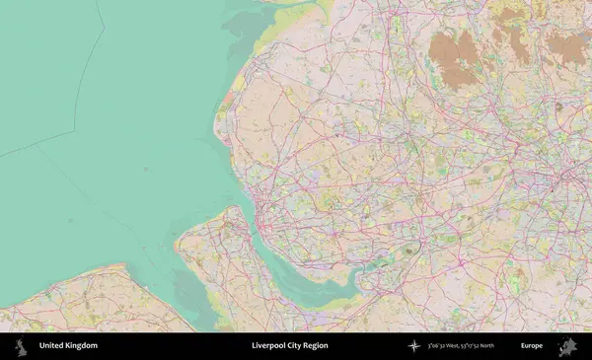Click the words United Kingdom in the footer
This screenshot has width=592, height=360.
click(x=68, y=346)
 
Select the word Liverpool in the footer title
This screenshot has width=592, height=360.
click(x=269, y=346)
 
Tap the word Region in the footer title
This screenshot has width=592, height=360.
click(x=316, y=346)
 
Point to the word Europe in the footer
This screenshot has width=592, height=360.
click(x=532, y=346)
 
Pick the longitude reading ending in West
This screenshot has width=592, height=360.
click(x=447, y=346)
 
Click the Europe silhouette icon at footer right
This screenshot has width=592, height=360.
click(x=567, y=346)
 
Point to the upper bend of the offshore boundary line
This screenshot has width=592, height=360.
click(x=103, y=22)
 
